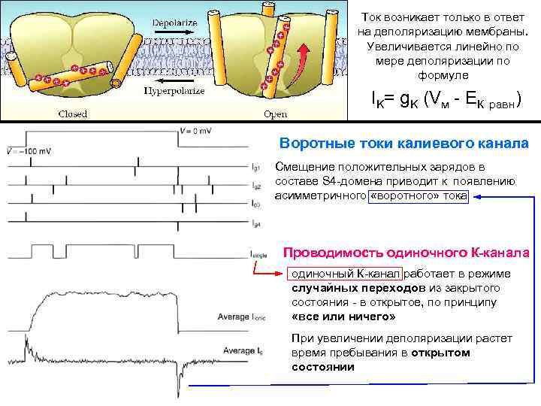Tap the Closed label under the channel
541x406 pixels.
(x=73, y=114)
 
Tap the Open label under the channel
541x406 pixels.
(x=275, y=114)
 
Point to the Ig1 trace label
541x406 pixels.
(x=255, y=167)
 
